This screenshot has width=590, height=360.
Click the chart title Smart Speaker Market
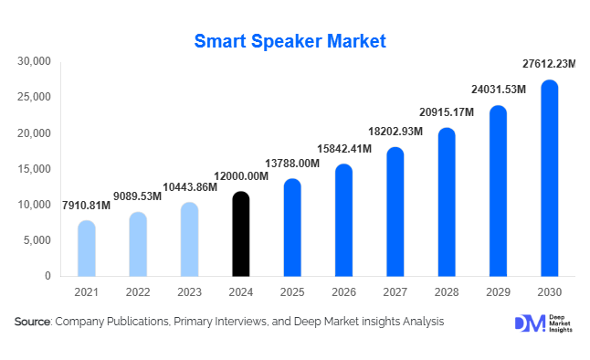290,41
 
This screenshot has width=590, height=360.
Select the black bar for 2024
240,235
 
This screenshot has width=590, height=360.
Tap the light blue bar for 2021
86,249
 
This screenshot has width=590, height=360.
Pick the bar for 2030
549,179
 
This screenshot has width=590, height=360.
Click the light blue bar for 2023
189,239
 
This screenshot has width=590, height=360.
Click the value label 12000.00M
240,175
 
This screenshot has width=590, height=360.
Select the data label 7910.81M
86,205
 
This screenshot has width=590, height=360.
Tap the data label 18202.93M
395,132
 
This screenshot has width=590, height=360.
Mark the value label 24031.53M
498,90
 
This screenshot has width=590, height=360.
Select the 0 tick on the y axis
47,276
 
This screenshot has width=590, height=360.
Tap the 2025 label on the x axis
291,292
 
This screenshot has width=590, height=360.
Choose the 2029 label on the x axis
498,292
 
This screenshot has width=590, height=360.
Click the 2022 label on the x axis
137,292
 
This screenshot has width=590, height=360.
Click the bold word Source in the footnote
32,323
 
